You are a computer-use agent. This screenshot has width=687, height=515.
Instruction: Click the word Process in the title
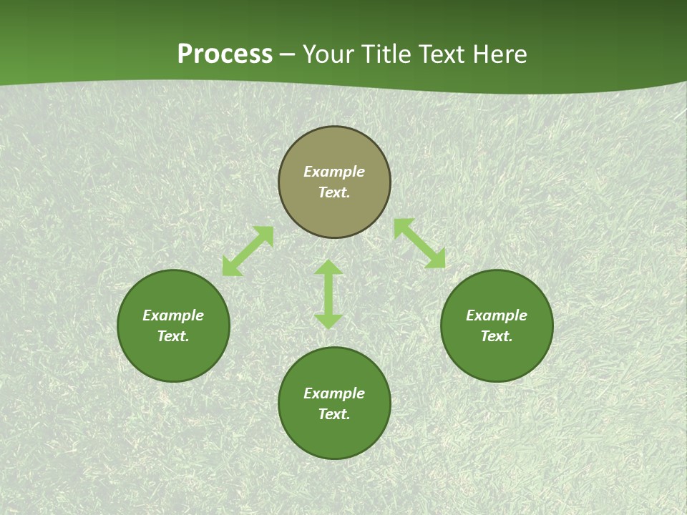click(225, 54)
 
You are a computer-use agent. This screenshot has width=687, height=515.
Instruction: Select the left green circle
click(173, 358)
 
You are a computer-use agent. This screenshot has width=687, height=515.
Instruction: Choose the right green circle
click(497, 358)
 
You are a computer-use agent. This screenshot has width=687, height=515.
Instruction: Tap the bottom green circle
click(334, 436)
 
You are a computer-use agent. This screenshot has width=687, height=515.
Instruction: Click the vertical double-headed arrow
click(328, 294)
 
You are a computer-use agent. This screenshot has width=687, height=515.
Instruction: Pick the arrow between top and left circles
click(248, 251)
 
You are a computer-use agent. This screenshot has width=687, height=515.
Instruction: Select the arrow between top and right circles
click(419, 243)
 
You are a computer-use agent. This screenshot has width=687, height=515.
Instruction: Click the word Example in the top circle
click(334, 172)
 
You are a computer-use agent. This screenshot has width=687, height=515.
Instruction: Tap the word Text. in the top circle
click(334, 192)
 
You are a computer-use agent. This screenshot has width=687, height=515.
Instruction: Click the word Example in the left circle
click(173, 315)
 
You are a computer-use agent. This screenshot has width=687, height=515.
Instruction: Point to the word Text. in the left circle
click(173, 336)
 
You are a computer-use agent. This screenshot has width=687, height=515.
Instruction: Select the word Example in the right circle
click(497, 315)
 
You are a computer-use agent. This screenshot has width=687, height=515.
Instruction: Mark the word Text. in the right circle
click(497, 336)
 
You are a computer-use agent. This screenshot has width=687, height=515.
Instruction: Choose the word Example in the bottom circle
click(334, 393)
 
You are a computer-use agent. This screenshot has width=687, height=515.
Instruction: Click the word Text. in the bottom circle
click(334, 414)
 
